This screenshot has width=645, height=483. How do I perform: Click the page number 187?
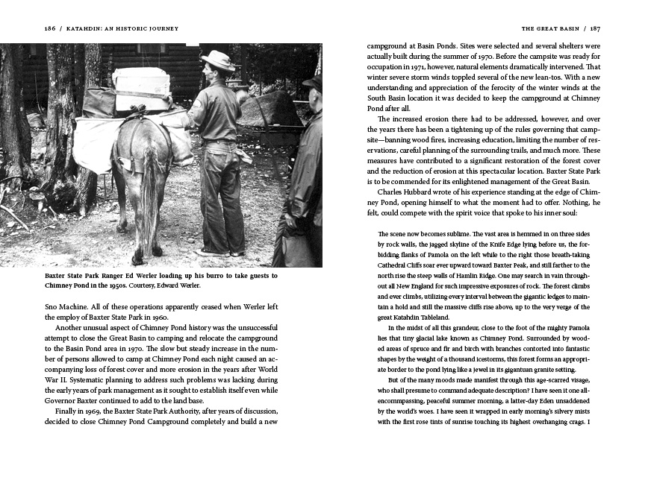click(594, 29)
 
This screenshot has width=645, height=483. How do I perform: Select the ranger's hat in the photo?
click(217, 60)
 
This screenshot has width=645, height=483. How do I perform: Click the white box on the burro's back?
click(141, 83)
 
